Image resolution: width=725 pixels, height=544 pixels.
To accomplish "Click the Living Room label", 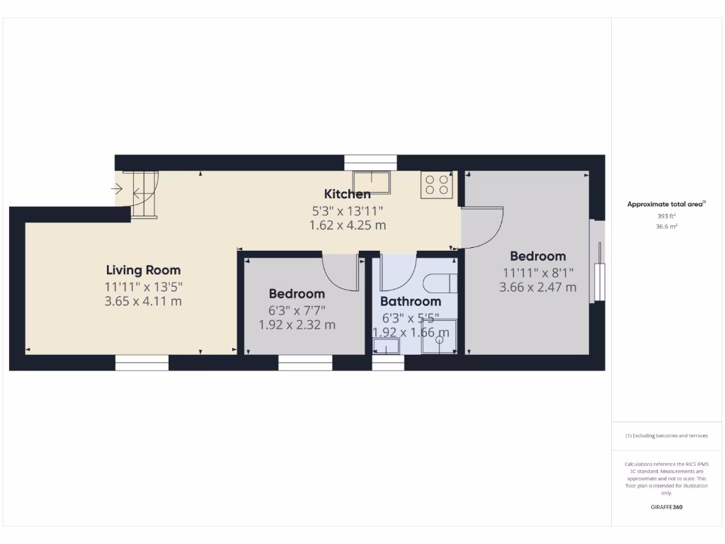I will [x=143, y=270].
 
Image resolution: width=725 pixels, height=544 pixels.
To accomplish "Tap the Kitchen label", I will [x=347, y=194].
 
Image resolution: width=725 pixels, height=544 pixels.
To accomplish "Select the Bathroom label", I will [x=411, y=302].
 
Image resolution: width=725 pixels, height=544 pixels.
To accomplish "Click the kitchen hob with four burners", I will [x=436, y=185].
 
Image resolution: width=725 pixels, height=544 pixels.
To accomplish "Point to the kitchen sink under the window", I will [x=372, y=181].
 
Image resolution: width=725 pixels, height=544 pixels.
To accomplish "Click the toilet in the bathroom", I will [x=440, y=283].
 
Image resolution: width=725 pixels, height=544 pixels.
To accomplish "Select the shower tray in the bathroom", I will [x=440, y=337].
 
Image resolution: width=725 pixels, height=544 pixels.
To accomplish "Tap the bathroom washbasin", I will [x=387, y=346].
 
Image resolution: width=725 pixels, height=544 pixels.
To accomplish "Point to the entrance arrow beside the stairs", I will [x=117, y=189].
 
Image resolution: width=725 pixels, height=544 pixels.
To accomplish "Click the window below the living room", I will [x=142, y=363].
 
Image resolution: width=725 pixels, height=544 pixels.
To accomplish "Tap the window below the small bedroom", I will [x=305, y=363].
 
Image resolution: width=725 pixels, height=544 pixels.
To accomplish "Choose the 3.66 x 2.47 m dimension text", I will [x=537, y=287].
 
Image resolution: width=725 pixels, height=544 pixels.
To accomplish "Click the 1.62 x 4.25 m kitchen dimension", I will [x=347, y=225].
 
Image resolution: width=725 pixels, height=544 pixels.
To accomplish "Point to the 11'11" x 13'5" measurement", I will [x=143, y=287].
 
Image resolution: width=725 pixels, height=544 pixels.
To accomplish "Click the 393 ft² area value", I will [x=666, y=215].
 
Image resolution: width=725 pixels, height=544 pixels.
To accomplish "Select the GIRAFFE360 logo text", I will [x=666, y=507].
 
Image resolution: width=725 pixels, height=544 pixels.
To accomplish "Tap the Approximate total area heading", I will [x=666, y=204].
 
